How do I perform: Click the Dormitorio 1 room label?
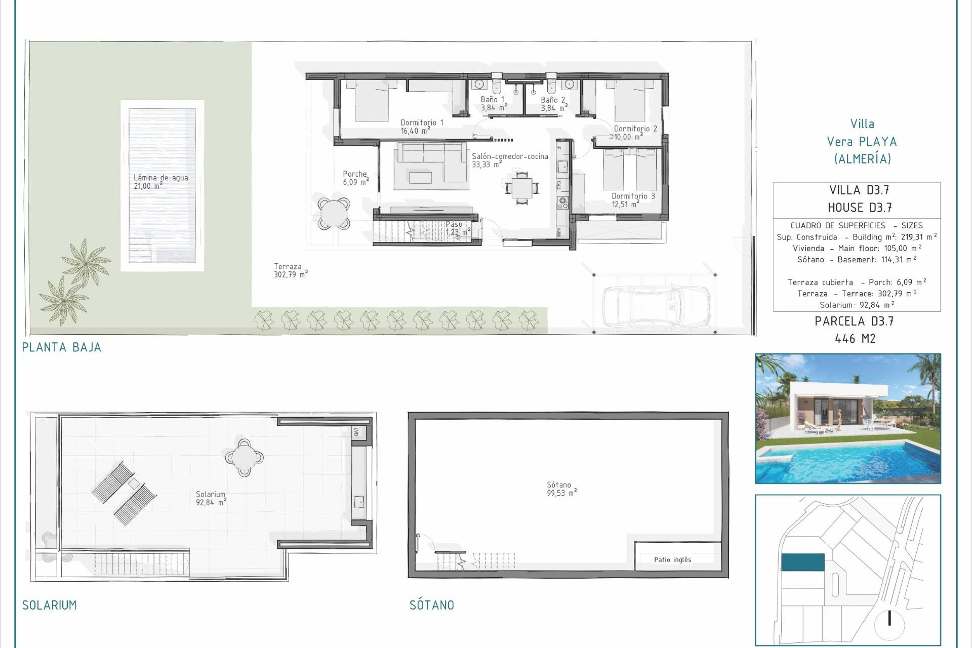tap(421, 127)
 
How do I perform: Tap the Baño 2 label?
tap(553, 104)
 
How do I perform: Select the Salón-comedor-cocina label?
tap(509, 160)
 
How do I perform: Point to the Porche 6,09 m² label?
tap(355, 178)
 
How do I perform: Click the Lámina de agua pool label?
tap(160, 182)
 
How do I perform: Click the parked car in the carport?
tap(655, 306)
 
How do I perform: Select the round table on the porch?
tap(334, 213)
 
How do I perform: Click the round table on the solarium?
tap(244, 457)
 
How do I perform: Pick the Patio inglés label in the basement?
tap(672, 559)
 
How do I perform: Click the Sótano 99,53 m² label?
tap(561, 489)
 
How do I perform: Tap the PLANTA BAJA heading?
tap(61, 347)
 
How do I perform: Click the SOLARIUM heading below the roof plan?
tap(49, 605)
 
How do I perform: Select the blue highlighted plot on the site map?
tap(802, 562)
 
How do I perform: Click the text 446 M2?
tap(855, 339)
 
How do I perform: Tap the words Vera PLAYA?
tap(861, 142)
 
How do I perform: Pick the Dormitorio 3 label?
tap(633, 200)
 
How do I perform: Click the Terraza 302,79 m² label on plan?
tap(290, 270)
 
